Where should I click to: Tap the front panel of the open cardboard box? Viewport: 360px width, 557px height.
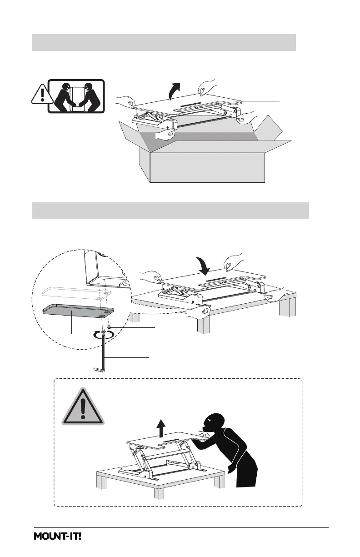pos(207,167)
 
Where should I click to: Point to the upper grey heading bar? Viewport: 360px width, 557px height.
pos(164,42)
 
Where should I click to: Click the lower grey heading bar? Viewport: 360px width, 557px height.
pos(170,211)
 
